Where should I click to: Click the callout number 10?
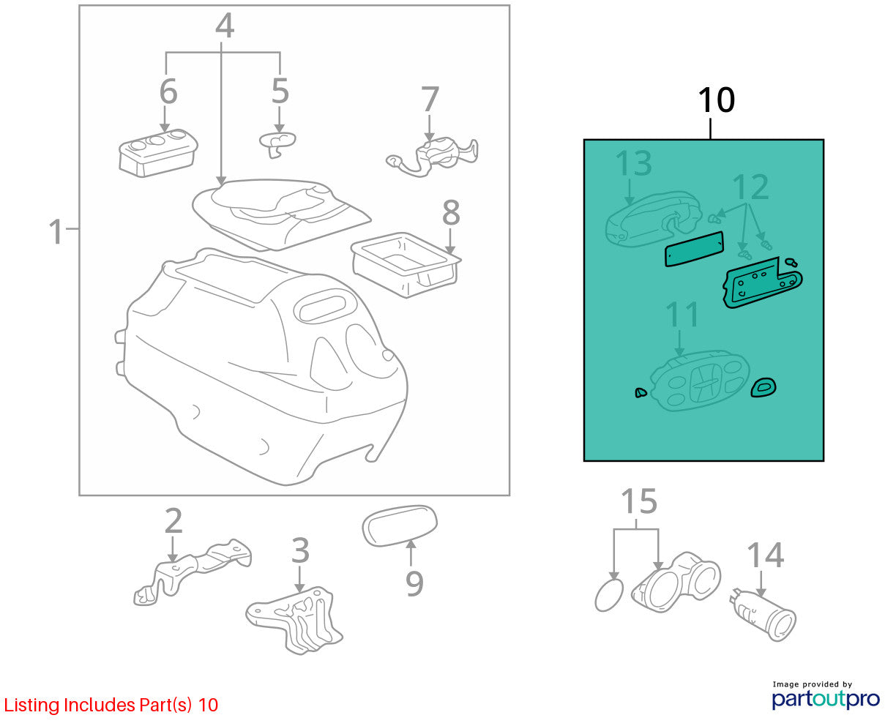[716, 100]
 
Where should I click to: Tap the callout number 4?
[225, 26]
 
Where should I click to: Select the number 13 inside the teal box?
[633, 163]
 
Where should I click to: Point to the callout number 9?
[414, 584]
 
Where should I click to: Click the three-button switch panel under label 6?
[158, 152]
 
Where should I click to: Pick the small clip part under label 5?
[277, 144]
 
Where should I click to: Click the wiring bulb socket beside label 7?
[433, 157]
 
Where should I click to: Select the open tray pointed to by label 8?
[406, 265]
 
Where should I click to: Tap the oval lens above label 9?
[399, 525]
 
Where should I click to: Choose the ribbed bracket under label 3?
[294, 620]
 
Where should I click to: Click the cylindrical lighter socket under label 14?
[762, 615]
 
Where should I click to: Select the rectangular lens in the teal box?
[694, 249]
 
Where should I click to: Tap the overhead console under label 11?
[700, 381]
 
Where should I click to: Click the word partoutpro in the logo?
[825, 699]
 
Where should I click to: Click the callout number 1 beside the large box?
[56, 231]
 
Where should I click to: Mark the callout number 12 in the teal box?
[750, 187]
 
